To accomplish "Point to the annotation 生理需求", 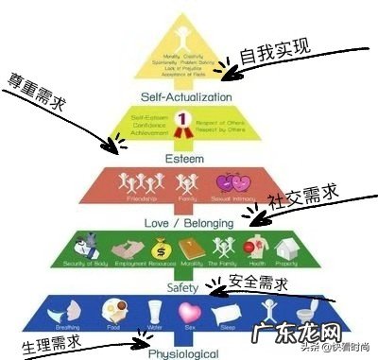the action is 53,334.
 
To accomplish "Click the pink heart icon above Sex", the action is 192,308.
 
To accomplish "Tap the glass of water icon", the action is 156,309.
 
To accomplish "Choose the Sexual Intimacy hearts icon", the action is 230,181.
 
